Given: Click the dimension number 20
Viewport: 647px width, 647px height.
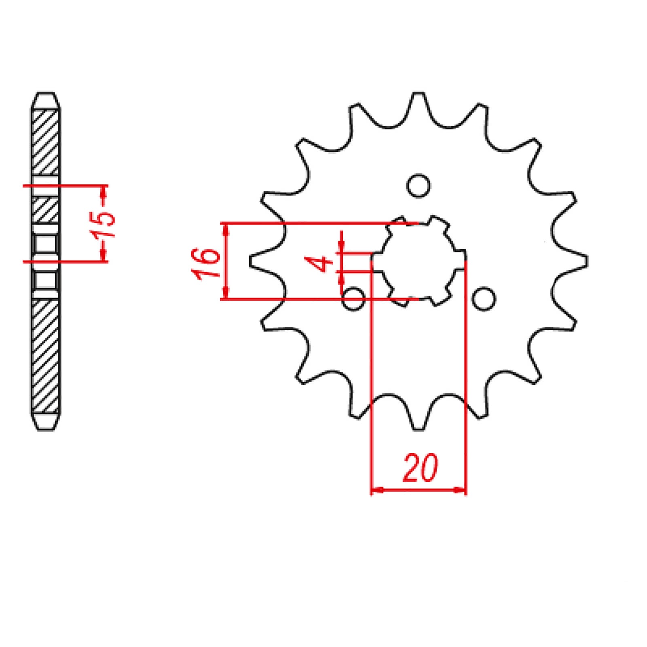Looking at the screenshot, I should pos(420,469).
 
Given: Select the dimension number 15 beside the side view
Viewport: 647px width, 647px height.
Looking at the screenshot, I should pos(104,224).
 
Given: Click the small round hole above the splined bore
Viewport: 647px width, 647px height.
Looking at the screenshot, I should pos(418,186).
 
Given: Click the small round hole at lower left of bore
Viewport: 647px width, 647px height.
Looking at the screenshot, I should pos(353,299).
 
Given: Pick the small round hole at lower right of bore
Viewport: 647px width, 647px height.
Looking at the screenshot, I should pos(484,299).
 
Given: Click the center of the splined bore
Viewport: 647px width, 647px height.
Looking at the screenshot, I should pos(419,261).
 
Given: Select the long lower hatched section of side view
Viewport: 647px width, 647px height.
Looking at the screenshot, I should pos(45,356).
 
